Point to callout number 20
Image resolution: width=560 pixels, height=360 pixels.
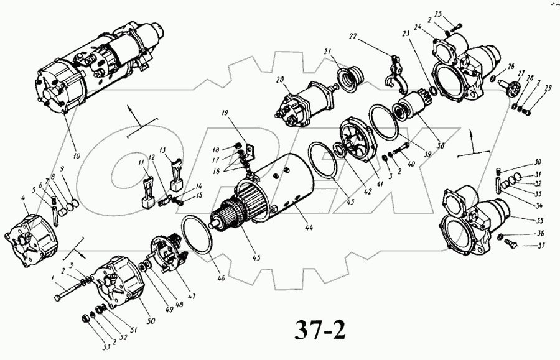[280, 80]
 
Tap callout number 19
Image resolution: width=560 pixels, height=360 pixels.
[225, 114]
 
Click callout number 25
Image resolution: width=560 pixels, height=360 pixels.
[455, 14]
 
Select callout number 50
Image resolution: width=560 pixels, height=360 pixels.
[149, 320]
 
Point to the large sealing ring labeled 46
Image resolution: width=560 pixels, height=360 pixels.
[196, 235]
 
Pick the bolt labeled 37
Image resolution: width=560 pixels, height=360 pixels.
[506, 241]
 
